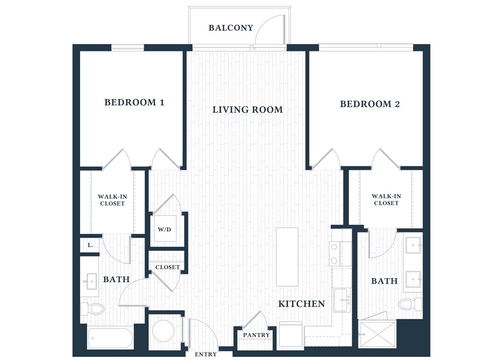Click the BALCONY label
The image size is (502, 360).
231,28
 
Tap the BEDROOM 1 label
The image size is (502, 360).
134,102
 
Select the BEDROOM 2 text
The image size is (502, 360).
369,104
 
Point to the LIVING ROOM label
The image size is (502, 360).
248,110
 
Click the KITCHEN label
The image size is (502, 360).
301,304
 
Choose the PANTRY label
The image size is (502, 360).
256,335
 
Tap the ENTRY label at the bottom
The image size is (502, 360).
205,354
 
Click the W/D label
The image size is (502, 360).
164,229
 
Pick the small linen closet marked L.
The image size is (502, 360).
90,246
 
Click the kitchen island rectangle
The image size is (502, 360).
287,257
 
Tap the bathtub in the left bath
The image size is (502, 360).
110,338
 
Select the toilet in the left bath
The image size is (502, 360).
94,308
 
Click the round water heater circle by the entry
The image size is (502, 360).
163,331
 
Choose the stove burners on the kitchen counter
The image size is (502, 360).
335,254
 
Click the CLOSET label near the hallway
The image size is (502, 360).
167,267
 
